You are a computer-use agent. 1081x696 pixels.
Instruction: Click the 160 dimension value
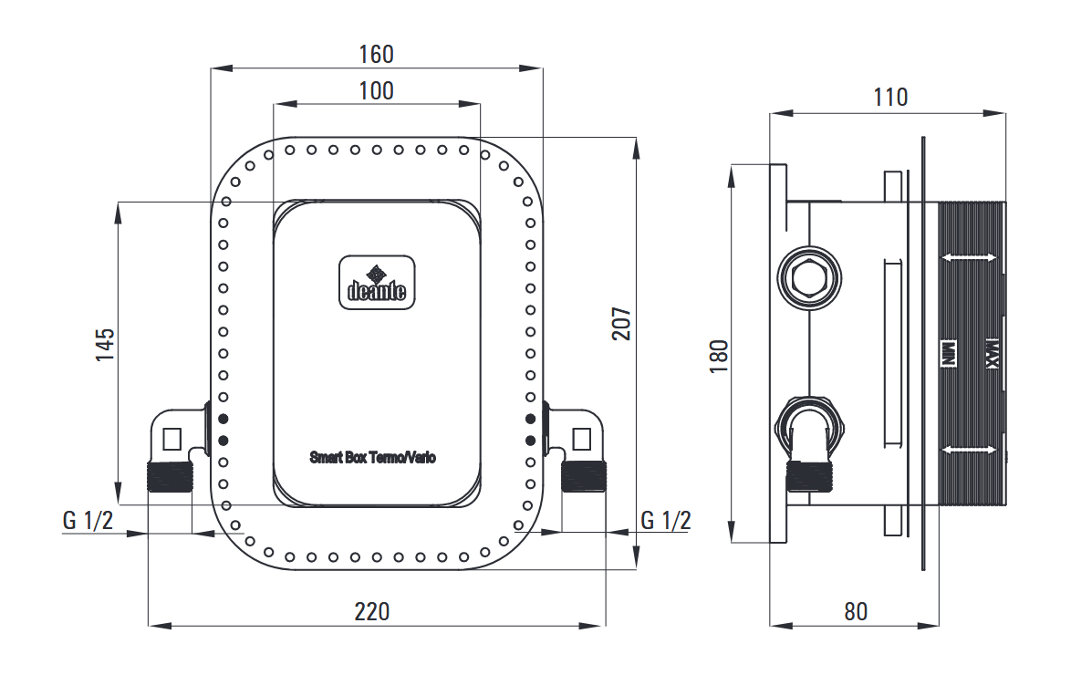(x=377, y=55)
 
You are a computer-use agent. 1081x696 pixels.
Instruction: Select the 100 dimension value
(x=377, y=91)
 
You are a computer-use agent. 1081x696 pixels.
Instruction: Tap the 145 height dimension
(x=106, y=345)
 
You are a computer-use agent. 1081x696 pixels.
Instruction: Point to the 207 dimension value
(x=622, y=323)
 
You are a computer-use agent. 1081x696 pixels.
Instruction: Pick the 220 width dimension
(x=372, y=611)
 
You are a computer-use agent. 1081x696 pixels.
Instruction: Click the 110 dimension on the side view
(x=890, y=98)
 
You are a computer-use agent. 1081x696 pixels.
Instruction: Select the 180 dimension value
(x=719, y=357)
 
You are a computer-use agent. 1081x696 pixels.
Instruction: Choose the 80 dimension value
(x=856, y=611)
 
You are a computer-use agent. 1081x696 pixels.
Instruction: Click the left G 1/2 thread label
(x=88, y=520)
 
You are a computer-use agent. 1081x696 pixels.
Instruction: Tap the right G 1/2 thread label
(x=665, y=520)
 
